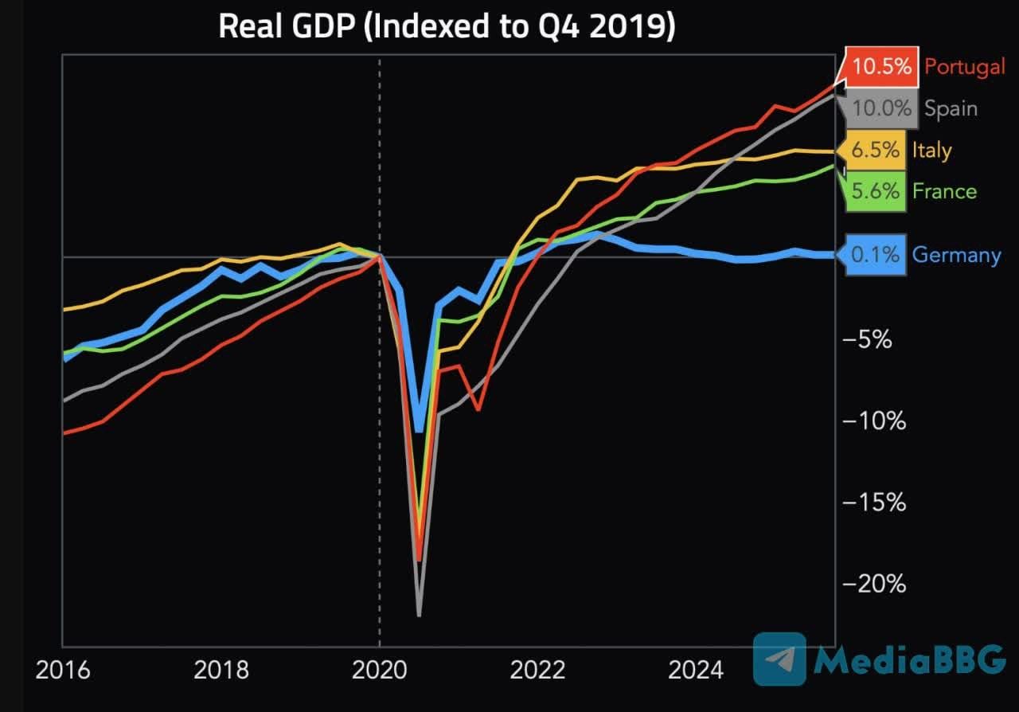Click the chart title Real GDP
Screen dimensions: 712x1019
[x=447, y=26]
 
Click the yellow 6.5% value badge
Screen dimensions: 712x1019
[x=875, y=150]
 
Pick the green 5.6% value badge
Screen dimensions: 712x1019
[x=875, y=191]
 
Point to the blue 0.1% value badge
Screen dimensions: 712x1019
[x=875, y=255]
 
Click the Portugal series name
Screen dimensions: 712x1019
[x=965, y=66]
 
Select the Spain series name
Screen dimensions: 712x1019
[x=951, y=108]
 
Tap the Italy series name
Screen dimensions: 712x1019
[x=931, y=150]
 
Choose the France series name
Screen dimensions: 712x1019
[x=944, y=191]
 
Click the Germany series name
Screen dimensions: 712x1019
[x=956, y=255]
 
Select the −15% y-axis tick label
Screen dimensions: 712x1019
[x=874, y=502]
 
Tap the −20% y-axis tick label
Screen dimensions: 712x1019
[x=874, y=584]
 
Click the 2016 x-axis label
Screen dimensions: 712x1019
[x=63, y=670]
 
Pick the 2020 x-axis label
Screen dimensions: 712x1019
[x=379, y=670]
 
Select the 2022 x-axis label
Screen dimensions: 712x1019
[x=537, y=670]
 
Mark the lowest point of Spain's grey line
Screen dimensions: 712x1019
[x=419, y=615]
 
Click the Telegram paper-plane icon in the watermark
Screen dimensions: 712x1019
[x=779, y=659]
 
